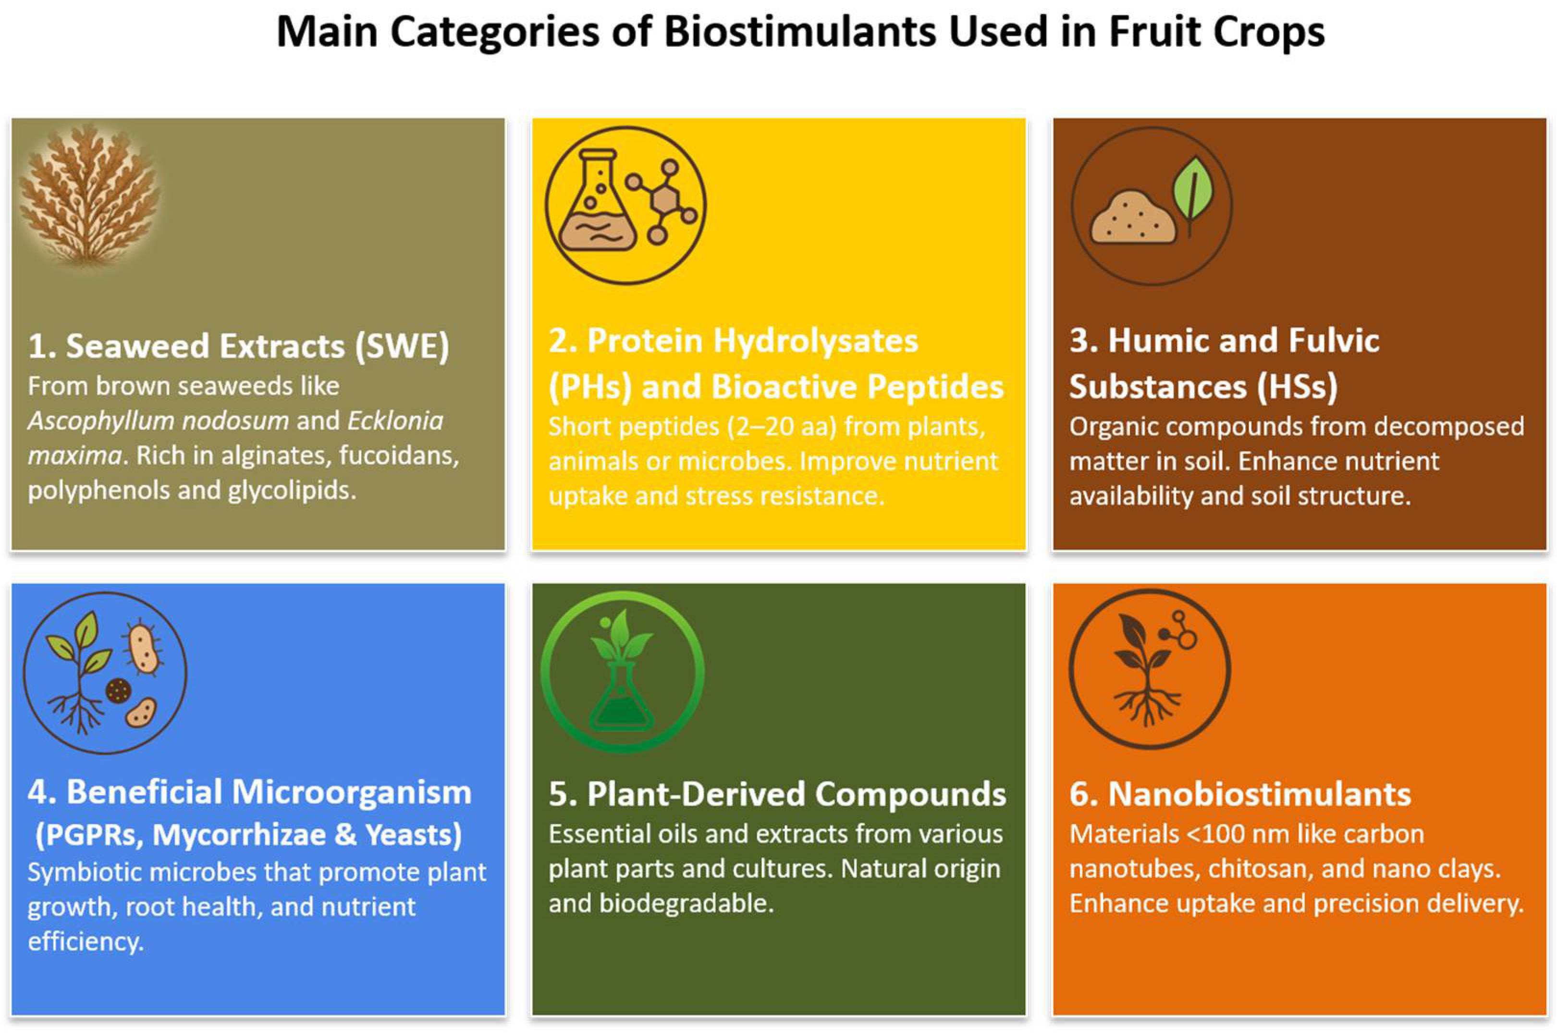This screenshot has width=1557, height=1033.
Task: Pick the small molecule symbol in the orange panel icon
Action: pos(1179,631)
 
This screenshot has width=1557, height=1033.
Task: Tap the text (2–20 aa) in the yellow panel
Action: pos(782,427)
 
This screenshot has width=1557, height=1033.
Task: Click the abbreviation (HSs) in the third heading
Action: pos(1297,386)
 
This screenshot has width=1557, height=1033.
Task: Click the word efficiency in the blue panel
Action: pos(86,941)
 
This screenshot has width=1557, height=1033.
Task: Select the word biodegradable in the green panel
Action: pos(687,903)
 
